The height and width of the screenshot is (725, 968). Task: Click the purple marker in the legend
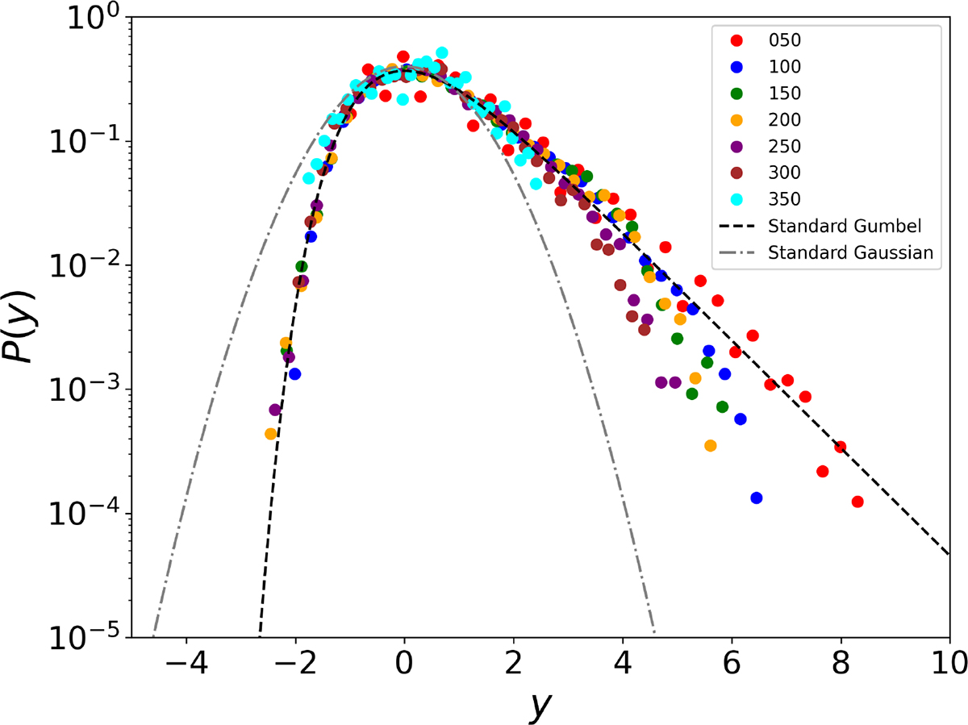tap(736, 146)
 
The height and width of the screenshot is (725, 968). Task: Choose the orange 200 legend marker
tap(736, 119)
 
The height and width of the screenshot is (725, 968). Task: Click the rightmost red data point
tap(857, 502)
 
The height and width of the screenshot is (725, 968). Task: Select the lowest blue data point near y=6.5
tap(756, 498)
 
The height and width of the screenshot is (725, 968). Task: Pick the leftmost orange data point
tap(271, 433)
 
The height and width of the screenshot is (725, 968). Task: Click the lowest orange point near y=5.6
tap(710, 445)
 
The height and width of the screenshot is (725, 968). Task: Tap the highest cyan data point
tap(441, 52)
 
